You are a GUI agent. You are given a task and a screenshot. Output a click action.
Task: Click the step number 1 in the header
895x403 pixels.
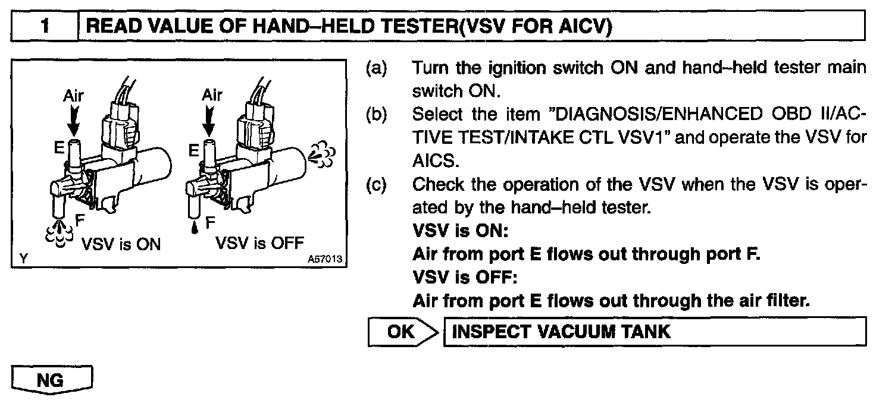click(x=45, y=27)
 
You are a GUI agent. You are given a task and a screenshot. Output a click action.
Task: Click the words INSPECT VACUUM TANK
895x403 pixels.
click(x=561, y=332)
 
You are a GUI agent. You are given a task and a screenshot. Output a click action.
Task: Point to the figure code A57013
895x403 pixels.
click(x=326, y=260)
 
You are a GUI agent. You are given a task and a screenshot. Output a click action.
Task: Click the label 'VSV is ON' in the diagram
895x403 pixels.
click(x=121, y=244)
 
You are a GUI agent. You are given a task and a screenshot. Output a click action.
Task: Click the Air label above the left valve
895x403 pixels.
click(x=74, y=95)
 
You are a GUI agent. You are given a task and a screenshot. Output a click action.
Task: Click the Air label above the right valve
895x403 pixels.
click(x=212, y=95)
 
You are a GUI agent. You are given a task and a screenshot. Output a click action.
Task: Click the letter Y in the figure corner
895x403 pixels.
click(x=23, y=259)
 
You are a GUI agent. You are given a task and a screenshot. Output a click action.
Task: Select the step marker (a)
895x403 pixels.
click(x=376, y=68)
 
